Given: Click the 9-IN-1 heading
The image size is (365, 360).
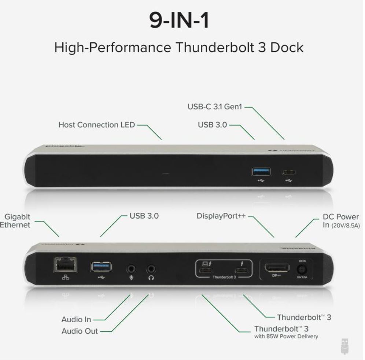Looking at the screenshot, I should (x=180, y=21).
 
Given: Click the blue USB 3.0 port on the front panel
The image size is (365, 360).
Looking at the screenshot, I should (x=261, y=171).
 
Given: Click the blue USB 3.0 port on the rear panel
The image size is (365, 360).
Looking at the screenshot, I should (x=102, y=266).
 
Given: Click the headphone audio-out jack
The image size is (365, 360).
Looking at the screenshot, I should (x=151, y=270).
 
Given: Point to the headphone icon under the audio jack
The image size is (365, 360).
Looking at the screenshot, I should (x=151, y=278).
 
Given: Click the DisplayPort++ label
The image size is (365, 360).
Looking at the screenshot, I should (x=221, y=216).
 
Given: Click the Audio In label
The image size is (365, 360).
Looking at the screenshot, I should (x=76, y=319).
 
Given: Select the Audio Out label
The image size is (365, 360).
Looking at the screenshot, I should (x=80, y=331).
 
